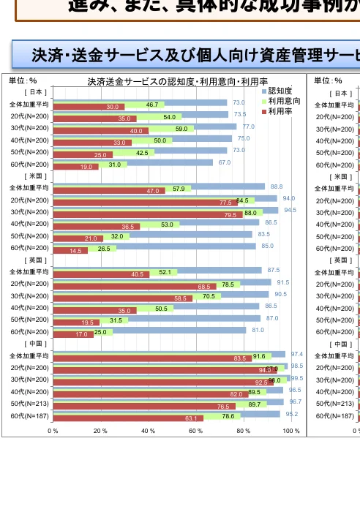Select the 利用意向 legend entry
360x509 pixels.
(280, 101)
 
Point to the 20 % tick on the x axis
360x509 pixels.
(100, 430)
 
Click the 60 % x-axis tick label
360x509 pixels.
(196, 430)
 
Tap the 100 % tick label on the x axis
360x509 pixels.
(290, 430)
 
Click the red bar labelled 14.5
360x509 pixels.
(70, 251)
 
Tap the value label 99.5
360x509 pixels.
(296, 378)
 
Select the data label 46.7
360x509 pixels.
(152, 105)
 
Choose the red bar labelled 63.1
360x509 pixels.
(128, 418)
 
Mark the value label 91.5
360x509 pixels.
(282, 282)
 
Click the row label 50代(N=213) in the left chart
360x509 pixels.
(29, 403)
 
